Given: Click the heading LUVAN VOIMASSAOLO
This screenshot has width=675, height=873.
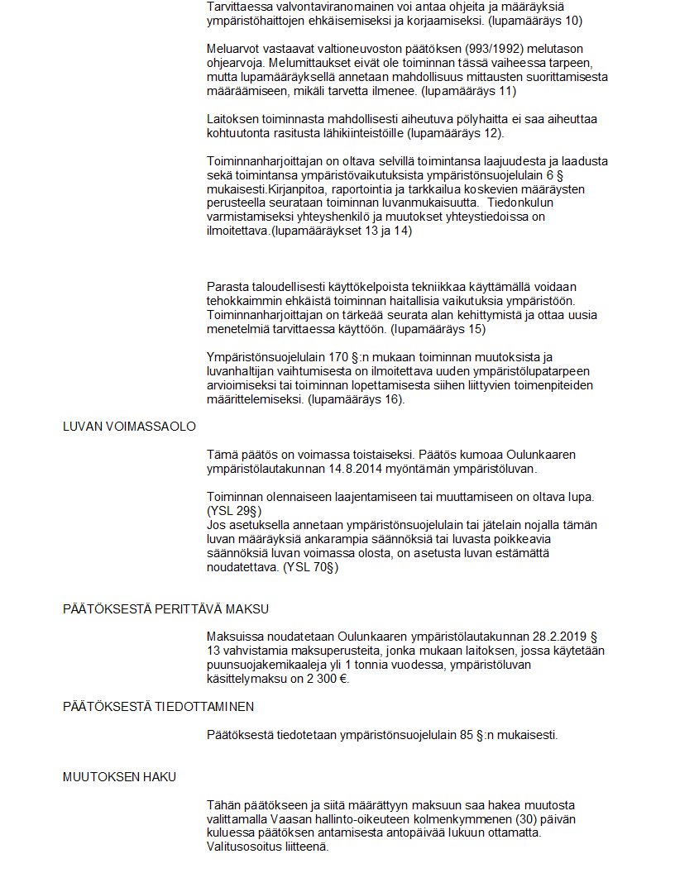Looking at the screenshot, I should tap(129, 427).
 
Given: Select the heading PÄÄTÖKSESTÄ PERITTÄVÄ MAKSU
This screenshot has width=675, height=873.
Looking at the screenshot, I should tap(165, 609).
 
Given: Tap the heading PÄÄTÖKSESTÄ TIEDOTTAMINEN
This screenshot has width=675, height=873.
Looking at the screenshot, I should tap(158, 707).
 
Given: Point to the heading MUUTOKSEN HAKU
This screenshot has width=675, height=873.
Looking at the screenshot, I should tap(119, 777).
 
